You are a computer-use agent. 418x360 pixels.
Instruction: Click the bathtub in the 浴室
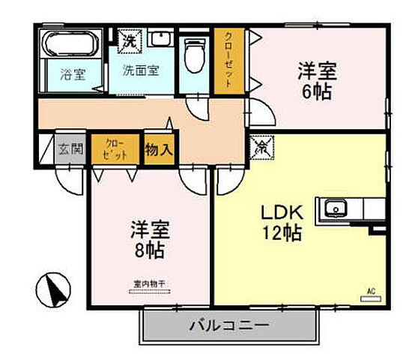[68, 44]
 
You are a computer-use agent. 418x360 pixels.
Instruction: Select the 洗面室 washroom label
[140, 70]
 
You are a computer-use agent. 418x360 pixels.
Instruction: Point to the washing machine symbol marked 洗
[130, 39]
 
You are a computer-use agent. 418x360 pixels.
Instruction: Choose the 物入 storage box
[158, 148]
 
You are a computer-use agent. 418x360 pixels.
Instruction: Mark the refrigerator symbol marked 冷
[263, 146]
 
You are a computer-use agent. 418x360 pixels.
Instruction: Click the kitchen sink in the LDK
[333, 207]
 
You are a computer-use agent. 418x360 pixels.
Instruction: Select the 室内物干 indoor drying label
[148, 283]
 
